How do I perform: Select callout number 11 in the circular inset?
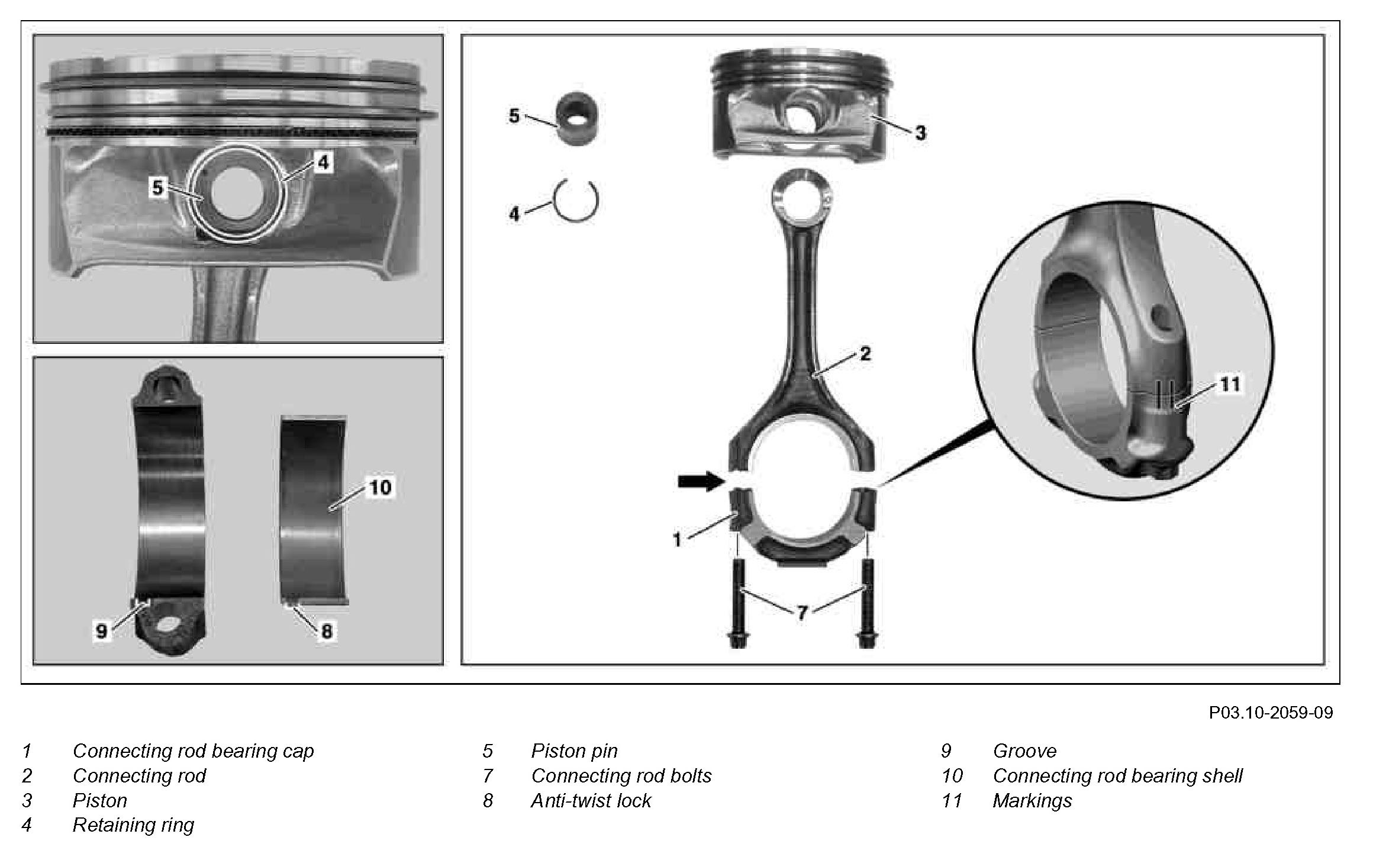1230,385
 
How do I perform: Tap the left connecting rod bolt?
737,604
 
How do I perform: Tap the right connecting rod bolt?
866,604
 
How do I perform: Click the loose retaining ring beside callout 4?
576,201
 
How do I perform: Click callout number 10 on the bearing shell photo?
379,487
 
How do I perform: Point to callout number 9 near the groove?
102,631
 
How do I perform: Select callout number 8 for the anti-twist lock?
327,631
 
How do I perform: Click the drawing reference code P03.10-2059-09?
1271,712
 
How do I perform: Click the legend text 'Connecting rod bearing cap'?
193,751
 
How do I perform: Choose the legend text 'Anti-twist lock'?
591,800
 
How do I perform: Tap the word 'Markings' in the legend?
1032,800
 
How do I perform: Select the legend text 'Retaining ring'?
133,825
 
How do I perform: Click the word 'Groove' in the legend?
1024,751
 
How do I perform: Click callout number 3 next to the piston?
920,133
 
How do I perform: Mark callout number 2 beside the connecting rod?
865,354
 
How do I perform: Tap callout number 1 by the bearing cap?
678,539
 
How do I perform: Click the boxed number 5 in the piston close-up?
157,188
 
